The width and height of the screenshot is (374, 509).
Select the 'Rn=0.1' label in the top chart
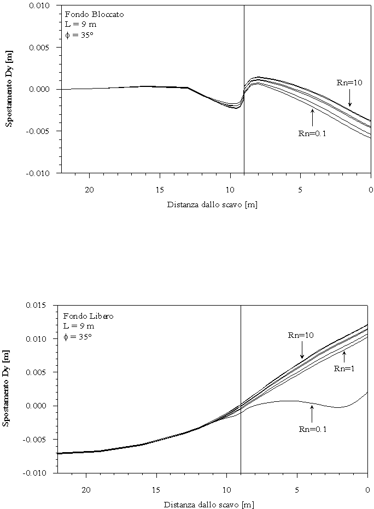tap(312, 134)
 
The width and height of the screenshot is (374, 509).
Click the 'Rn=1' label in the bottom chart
tap(345, 368)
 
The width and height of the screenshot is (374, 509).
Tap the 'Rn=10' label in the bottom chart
tap(301, 335)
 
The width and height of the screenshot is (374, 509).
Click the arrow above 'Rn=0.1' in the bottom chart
tap(312, 414)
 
